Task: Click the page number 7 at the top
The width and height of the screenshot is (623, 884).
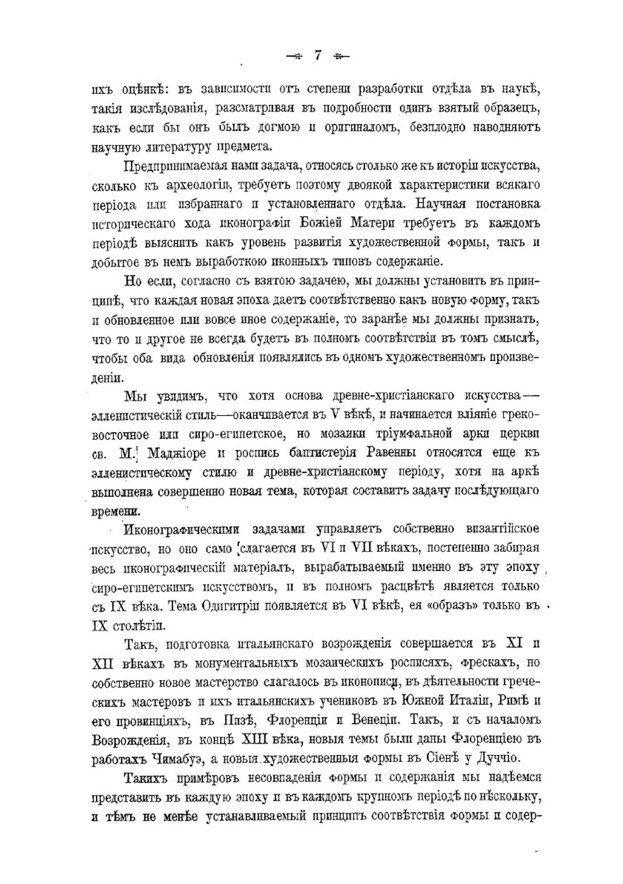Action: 317,55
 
